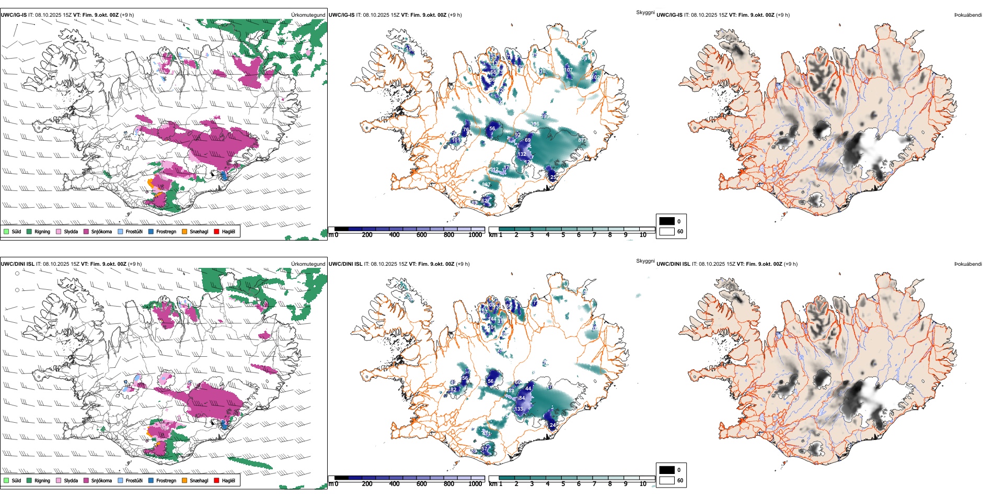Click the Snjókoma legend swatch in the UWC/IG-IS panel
click(x=86, y=231)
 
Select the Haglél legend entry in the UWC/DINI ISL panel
click(x=217, y=480)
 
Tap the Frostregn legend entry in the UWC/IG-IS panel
click(x=151, y=231)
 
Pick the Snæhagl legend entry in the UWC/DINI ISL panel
click(x=185, y=480)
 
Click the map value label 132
click(x=522, y=154)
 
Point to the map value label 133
click(x=518, y=409)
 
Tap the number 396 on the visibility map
click(x=535, y=124)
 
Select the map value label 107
click(x=568, y=70)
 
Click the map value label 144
click(x=492, y=319)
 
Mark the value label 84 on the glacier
click(x=522, y=398)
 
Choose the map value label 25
click(x=553, y=177)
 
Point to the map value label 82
click(x=453, y=389)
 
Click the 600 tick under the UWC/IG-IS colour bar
click(x=422, y=235)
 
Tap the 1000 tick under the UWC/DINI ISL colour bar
click(x=475, y=484)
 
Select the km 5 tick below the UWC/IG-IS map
click(x=563, y=235)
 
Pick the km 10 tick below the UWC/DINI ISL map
click(x=643, y=484)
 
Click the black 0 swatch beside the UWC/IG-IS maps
click(x=667, y=221)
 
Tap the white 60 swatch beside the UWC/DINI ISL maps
click(x=667, y=480)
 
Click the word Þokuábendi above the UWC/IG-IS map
click(x=968, y=15)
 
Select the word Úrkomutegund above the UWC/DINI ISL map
click(x=308, y=264)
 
